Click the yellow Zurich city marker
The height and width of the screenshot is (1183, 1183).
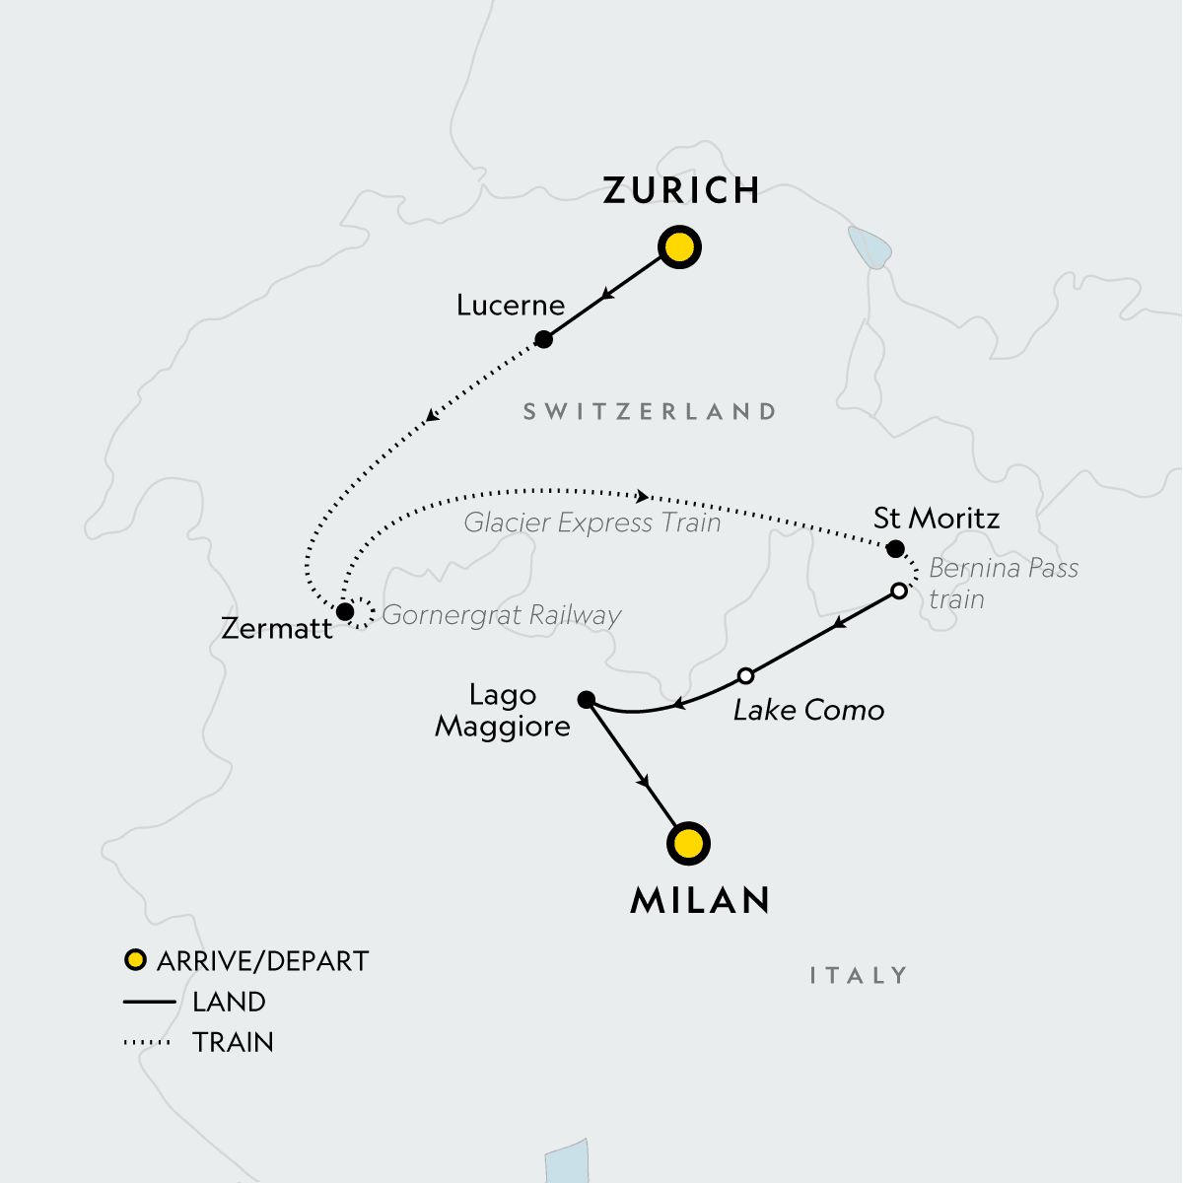coord(679,247)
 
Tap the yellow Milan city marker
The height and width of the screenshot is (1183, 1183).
coord(688,844)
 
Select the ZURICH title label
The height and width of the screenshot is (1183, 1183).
coord(681,190)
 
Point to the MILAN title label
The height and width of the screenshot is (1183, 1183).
coord(700,900)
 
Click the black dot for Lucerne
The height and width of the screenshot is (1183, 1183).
coord(543,339)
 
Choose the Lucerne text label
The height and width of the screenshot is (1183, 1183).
coord(511,306)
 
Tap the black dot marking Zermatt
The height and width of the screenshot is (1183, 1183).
coord(345,612)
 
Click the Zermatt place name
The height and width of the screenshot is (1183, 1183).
coord(277,629)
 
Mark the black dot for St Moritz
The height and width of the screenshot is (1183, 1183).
coord(895,548)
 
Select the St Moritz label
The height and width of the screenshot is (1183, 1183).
coord(937,519)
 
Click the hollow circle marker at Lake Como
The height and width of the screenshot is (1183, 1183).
coord(746,676)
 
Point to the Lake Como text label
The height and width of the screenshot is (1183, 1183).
coord(808,710)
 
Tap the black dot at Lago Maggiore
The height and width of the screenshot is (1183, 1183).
coord(586,700)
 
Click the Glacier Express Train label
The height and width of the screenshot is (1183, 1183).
coord(592,522)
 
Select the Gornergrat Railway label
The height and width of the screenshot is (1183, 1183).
coord(502,615)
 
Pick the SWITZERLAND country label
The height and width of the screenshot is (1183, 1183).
coord(650,412)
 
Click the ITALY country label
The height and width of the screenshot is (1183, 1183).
coord(858,976)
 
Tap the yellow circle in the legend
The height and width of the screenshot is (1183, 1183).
coord(135,960)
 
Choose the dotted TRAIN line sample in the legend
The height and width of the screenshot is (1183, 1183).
coord(148,1042)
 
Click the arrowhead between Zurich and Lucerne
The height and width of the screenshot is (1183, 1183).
coord(608,294)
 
